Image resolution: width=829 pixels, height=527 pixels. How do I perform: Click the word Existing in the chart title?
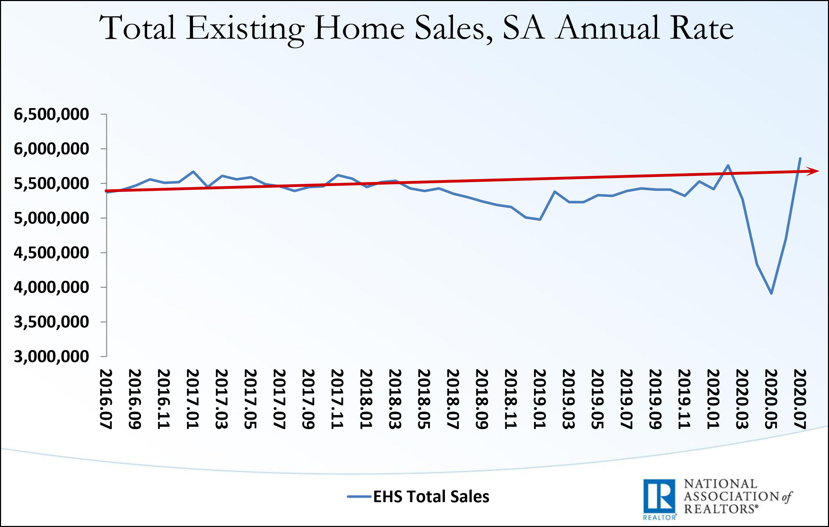(x=245, y=29)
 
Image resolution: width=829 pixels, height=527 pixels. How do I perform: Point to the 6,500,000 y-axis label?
(x=51, y=114)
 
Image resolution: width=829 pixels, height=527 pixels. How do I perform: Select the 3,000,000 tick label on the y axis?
(x=51, y=356)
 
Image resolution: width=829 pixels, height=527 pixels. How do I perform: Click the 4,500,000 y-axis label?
(x=51, y=252)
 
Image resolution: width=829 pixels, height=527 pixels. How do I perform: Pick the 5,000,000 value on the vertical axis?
(x=51, y=218)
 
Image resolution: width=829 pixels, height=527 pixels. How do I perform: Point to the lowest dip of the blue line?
(x=771, y=293)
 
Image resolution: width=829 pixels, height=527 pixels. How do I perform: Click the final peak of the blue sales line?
(x=800, y=158)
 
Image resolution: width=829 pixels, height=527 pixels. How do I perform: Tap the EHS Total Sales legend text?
(x=431, y=496)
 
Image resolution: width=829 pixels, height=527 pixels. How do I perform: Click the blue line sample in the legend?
(x=359, y=496)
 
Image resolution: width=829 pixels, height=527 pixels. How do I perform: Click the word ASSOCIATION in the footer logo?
(x=731, y=496)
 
